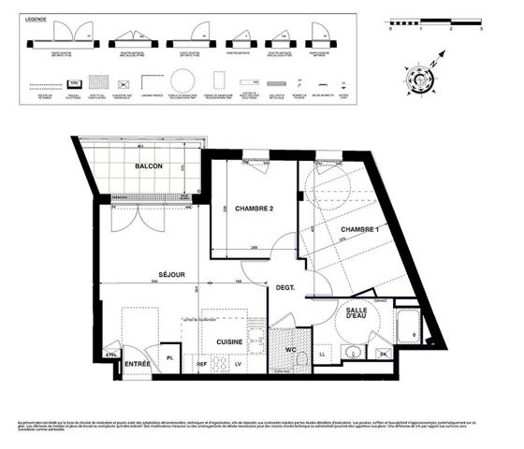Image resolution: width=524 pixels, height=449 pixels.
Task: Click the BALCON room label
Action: pos(148,167)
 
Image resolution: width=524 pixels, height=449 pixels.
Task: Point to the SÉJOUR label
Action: pos(170,274)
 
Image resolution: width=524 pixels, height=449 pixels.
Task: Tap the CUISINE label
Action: pos(230,343)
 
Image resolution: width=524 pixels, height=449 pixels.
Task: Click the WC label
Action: pos(291,350)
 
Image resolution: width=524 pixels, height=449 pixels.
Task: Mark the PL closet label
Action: pos(170,358)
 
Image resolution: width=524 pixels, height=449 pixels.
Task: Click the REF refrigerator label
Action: pos(201,363)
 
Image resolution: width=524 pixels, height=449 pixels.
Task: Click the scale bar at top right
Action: pos(435,19)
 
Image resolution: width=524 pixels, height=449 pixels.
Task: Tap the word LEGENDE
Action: pos(42,18)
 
